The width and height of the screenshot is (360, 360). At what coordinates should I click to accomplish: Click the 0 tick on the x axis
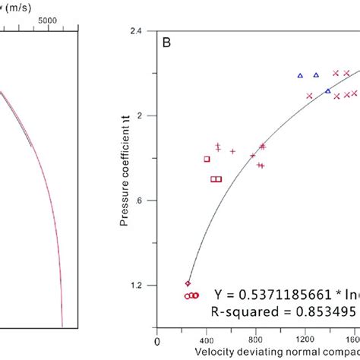[x=157, y=340]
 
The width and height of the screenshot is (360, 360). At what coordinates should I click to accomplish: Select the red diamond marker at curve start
[x=188, y=283]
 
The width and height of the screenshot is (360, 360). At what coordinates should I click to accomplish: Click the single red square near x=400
[x=207, y=159]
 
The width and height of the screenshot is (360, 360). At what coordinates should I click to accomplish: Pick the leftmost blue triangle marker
[x=300, y=75]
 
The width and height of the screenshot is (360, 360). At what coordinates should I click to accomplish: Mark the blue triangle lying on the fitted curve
[x=328, y=91]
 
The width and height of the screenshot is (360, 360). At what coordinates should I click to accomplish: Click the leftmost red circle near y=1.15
[x=187, y=296]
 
